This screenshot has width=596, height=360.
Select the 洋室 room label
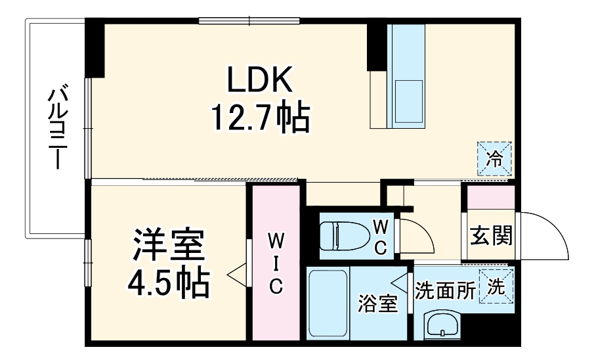(169, 246)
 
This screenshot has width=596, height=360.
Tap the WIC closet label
(276, 263)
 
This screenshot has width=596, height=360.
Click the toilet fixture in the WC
(344, 235)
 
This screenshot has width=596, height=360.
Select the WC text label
(381, 236)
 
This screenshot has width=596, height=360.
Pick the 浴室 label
(377, 305)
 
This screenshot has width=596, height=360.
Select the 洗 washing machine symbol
(496, 286)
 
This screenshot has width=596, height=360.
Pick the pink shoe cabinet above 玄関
(490, 198)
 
